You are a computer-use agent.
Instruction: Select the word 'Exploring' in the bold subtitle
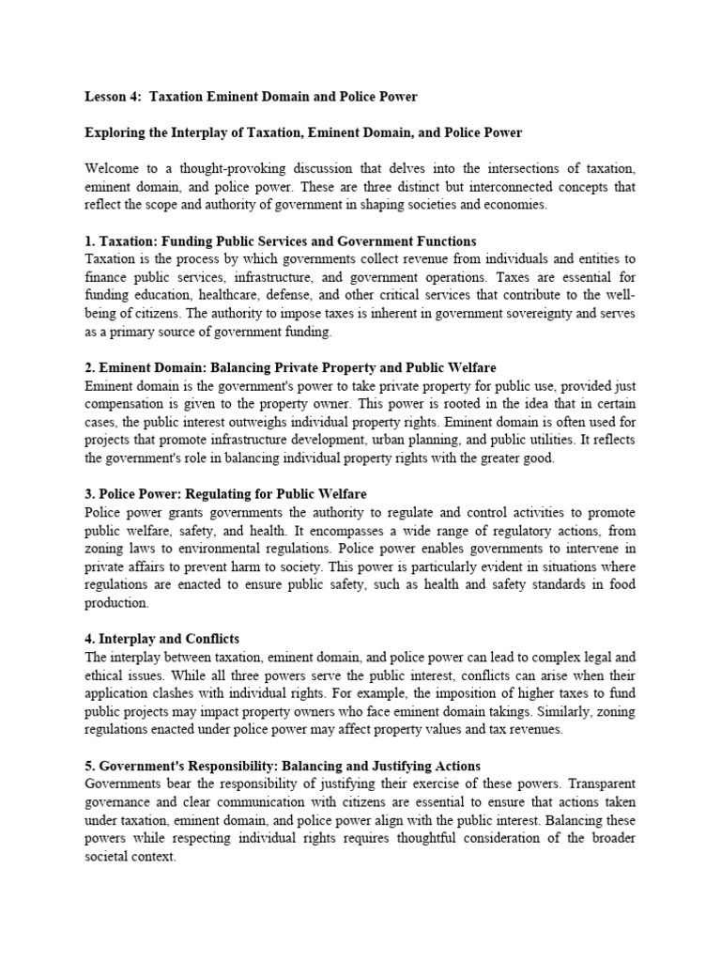(117, 133)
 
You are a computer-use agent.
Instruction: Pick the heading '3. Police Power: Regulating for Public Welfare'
(225, 494)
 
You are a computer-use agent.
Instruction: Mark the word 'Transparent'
(599, 783)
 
